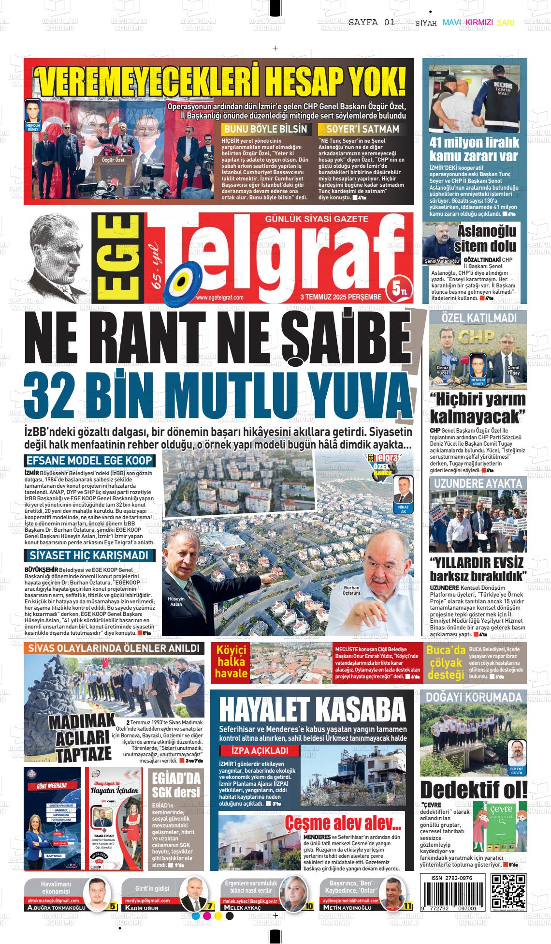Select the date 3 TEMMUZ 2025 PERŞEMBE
[x=341, y=297]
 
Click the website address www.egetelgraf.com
[x=220, y=298]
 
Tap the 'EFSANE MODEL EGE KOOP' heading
[x=89, y=461]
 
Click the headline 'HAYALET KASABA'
[x=312, y=710]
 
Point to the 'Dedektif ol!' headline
[x=473, y=790]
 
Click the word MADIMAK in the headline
[x=82, y=722]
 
